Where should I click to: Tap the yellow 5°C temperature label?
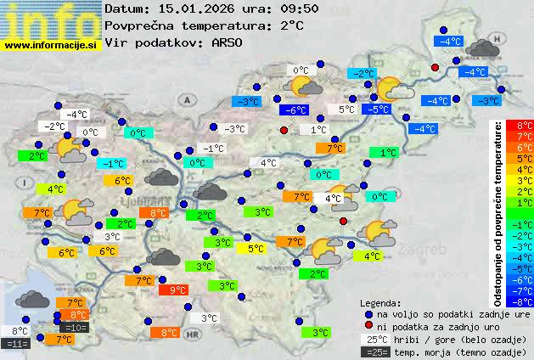pyautogui.click(x=256, y=249)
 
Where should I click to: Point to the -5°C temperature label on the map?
pyautogui.click(x=375, y=109)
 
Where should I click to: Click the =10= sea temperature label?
pyautogui.click(x=75, y=327)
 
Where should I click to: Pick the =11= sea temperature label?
pyautogui.click(x=17, y=343)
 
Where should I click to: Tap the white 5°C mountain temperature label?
pyautogui.click(x=346, y=110)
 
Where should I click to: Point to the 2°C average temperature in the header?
pyautogui.click(x=291, y=25)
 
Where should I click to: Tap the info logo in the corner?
pyautogui.click(x=51, y=20)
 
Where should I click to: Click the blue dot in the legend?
pyautogui.click(x=368, y=313)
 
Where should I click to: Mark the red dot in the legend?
pyautogui.click(x=368, y=326)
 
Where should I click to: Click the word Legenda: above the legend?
pyautogui.click(x=380, y=302)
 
